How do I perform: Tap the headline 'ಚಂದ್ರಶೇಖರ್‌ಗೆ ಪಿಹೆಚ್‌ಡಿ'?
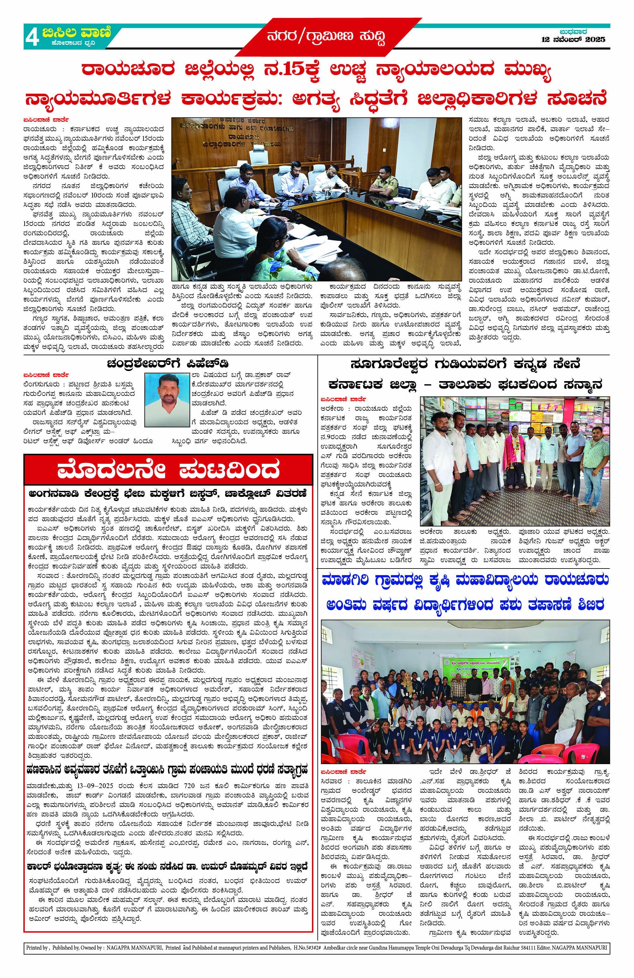click(167, 364)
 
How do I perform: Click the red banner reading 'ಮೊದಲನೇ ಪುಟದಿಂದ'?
click(168, 470)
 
